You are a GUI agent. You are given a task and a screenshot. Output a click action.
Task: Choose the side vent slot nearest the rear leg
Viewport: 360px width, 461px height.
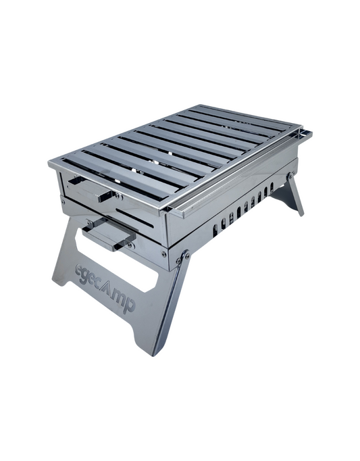pos(272,187)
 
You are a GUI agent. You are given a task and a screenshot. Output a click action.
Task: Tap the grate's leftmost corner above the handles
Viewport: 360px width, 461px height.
pos(51,162)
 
